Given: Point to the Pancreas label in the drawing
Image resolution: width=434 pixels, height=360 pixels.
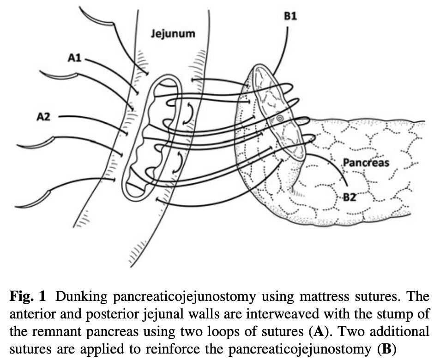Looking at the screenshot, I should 367,162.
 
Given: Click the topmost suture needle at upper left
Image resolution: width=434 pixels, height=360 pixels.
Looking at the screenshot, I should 97,17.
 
